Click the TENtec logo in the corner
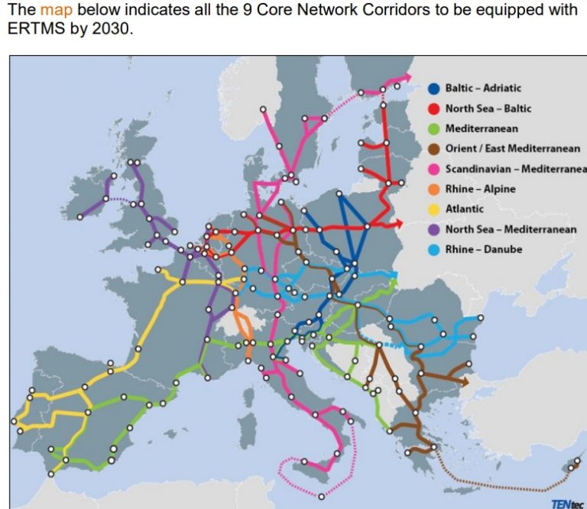tap(565, 502)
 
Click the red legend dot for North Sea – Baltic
tap(433, 109)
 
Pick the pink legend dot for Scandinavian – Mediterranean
tap(433, 169)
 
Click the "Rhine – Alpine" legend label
tap(480, 189)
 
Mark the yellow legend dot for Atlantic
tap(433, 209)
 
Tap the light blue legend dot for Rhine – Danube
tap(433, 249)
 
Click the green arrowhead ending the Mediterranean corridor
tap(394, 283)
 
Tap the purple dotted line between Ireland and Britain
tap(120, 200)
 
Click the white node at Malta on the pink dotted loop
tap(321, 496)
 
